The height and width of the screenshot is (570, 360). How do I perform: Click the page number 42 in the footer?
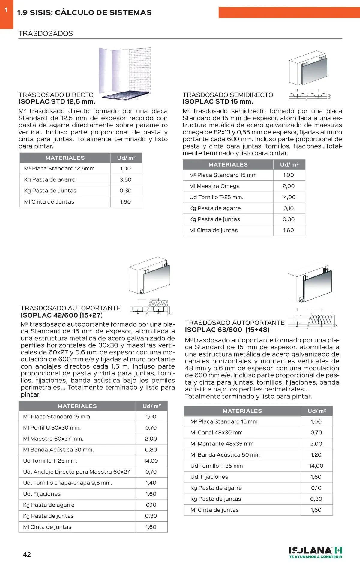27,554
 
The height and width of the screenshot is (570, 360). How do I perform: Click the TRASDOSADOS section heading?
46,34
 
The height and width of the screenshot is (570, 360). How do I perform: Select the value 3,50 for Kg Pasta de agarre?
126,179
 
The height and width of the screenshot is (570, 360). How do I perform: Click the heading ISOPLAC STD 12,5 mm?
57,101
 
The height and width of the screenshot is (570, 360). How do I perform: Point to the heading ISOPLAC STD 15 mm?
218,101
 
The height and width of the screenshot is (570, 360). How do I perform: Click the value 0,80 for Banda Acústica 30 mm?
151,450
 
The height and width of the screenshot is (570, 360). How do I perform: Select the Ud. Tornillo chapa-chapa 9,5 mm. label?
67,483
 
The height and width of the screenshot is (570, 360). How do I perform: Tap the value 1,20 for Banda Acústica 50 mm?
316,455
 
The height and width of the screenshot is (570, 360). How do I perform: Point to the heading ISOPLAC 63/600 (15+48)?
227,330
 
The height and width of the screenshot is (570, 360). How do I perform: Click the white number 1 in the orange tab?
6,10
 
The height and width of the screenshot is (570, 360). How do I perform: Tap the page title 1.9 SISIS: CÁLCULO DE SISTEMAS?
84,13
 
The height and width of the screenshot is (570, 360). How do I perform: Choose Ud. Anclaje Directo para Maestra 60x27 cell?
76,472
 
